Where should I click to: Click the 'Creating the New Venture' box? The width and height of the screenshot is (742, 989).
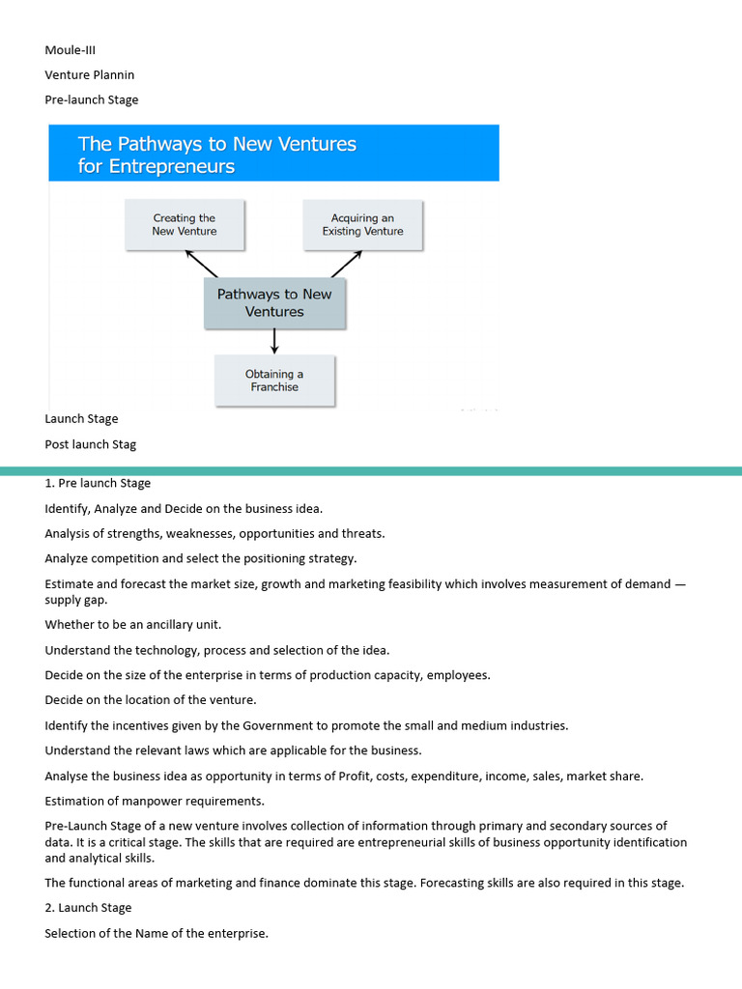[185, 225]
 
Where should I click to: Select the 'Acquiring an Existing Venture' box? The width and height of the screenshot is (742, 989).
[362, 225]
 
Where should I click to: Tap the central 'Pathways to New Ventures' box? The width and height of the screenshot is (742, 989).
[274, 303]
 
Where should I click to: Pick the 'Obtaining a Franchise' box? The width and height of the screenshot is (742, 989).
[274, 381]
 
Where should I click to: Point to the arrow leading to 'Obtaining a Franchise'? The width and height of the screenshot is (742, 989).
[274, 341]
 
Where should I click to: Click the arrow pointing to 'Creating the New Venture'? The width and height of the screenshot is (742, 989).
[202, 263]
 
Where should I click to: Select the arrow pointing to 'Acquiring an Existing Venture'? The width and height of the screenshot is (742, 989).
[346, 263]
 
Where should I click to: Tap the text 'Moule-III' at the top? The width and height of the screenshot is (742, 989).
[71, 49]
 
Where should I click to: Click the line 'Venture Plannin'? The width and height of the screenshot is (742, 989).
[90, 74]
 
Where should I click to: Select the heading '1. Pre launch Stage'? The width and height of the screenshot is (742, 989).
[98, 483]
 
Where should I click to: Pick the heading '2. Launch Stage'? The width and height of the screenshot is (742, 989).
[88, 908]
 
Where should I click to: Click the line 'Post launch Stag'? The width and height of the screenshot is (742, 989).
[91, 444]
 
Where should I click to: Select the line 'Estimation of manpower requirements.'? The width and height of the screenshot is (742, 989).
[155, 801]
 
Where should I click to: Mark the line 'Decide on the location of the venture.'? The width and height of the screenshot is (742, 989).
[151, 700]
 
